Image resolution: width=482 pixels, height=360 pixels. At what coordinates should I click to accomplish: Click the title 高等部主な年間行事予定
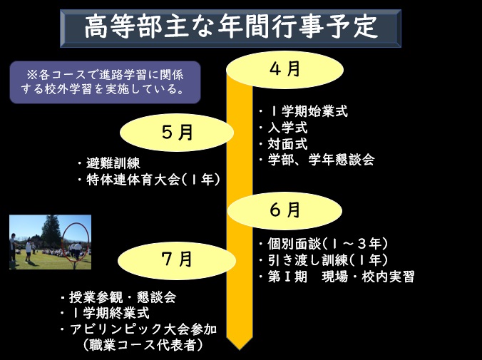click(230, 27)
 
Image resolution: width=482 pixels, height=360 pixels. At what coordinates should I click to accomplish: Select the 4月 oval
click(284, 70)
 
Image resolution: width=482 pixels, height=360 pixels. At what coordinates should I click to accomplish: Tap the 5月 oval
click(177, 133)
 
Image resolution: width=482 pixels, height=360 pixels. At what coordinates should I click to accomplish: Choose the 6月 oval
click(284, 211)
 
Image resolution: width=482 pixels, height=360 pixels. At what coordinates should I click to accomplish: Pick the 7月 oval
click(177, 260)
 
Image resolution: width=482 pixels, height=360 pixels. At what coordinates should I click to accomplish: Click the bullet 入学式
click(283, 128)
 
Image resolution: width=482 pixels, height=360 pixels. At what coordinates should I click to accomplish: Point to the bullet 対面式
click(283, 144)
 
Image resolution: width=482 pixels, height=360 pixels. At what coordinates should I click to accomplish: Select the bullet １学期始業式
click(303, 111)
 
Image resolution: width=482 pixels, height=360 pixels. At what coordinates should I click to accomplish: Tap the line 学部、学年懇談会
click(317, 160)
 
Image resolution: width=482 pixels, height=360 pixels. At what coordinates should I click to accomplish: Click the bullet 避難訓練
click(109, 163)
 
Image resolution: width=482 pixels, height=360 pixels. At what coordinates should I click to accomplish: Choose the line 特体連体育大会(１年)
click(149, 180)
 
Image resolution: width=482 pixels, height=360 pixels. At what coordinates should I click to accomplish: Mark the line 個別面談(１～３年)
click(323, 244)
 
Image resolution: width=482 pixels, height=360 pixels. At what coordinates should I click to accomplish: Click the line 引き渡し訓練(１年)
click(323, 260)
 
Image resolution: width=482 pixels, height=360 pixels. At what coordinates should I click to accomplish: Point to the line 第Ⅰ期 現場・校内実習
click(337, 277)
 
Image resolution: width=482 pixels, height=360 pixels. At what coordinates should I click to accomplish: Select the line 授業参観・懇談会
click(118, 297)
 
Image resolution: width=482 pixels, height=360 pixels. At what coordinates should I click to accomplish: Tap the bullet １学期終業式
click(105, 313)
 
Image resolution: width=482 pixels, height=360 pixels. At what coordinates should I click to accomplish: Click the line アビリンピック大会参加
click(138, 329)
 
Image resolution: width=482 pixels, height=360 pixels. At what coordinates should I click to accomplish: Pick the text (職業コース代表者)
click(143, 345)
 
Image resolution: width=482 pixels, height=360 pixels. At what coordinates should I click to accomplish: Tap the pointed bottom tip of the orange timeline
click(240, 349)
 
